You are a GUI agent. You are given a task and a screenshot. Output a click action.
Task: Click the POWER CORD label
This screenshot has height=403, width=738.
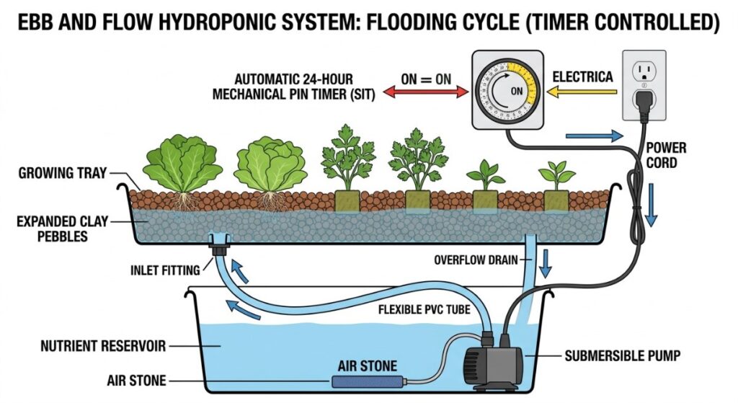pos(666,155)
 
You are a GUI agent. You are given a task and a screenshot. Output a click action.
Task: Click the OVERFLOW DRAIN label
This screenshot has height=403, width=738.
pos(475,260)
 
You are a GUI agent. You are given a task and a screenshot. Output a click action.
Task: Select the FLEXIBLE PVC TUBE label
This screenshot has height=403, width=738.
pos(423,311)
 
